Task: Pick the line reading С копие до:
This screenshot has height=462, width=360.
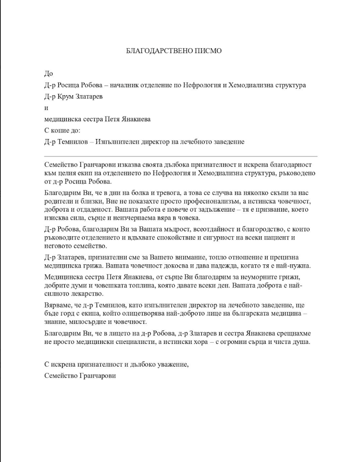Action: pos(62,131)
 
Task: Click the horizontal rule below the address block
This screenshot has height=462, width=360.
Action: pos(180,156)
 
